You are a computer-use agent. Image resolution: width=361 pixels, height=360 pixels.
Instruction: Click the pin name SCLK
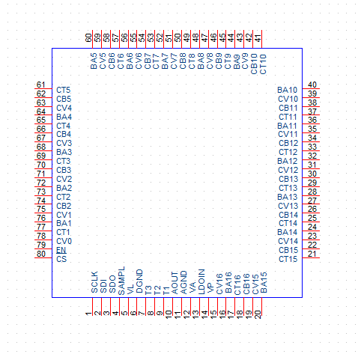(94, 282)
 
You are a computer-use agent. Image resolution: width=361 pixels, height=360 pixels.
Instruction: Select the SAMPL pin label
(121, 281)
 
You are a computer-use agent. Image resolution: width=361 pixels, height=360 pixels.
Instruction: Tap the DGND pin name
(139, 281)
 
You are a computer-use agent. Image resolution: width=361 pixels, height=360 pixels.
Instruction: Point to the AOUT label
(175, 283)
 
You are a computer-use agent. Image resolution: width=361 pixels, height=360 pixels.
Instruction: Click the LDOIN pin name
(201, 281)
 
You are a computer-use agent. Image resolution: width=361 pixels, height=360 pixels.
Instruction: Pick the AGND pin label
(183, 282)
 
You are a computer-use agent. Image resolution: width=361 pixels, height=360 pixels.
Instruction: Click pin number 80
(41, 254)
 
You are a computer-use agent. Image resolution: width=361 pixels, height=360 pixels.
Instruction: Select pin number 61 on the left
(41, 85)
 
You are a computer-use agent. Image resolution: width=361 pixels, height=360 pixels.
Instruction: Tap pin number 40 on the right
(312, 85)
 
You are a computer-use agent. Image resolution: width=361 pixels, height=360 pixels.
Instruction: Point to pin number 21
(312, 254)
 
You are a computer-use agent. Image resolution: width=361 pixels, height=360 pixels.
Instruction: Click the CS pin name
(61, 259)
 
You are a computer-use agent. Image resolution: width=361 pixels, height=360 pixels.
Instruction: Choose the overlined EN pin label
(61, 250)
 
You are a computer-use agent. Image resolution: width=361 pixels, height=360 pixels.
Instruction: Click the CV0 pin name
(64, 241)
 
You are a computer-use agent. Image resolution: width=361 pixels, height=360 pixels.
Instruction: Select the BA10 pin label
(288, 90)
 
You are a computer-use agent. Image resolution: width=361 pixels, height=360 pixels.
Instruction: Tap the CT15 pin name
(288, 259)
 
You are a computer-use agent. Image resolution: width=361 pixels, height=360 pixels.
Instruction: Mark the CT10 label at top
(263, 64)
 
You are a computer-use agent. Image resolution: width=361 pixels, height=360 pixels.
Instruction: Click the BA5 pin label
(94, 61)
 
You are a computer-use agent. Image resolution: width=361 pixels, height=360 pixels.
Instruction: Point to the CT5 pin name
(64, 90)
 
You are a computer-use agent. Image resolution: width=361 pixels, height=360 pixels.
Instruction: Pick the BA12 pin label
(288, 161)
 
